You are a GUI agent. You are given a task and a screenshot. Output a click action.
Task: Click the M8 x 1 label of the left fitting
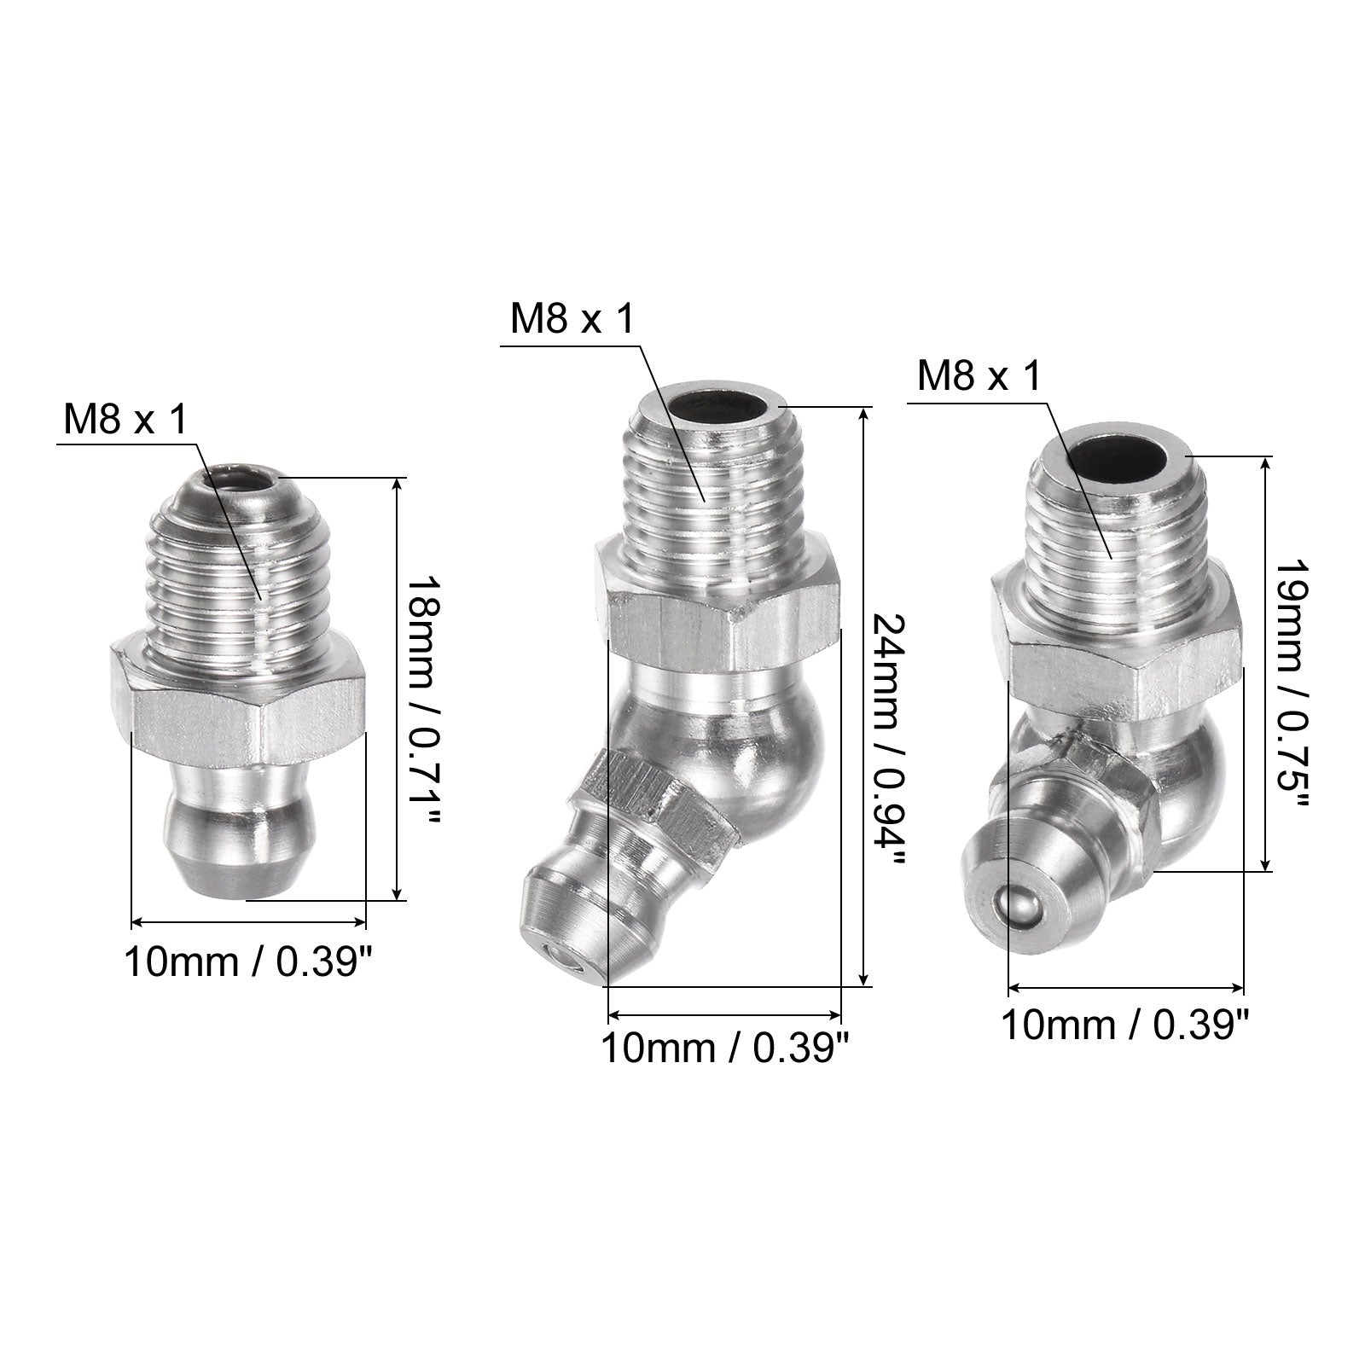(x=125, y=421)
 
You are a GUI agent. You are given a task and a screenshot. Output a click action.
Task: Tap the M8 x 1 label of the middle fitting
(x=572, y=319)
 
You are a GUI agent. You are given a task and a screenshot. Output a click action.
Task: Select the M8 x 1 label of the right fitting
(x=979, y=375)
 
